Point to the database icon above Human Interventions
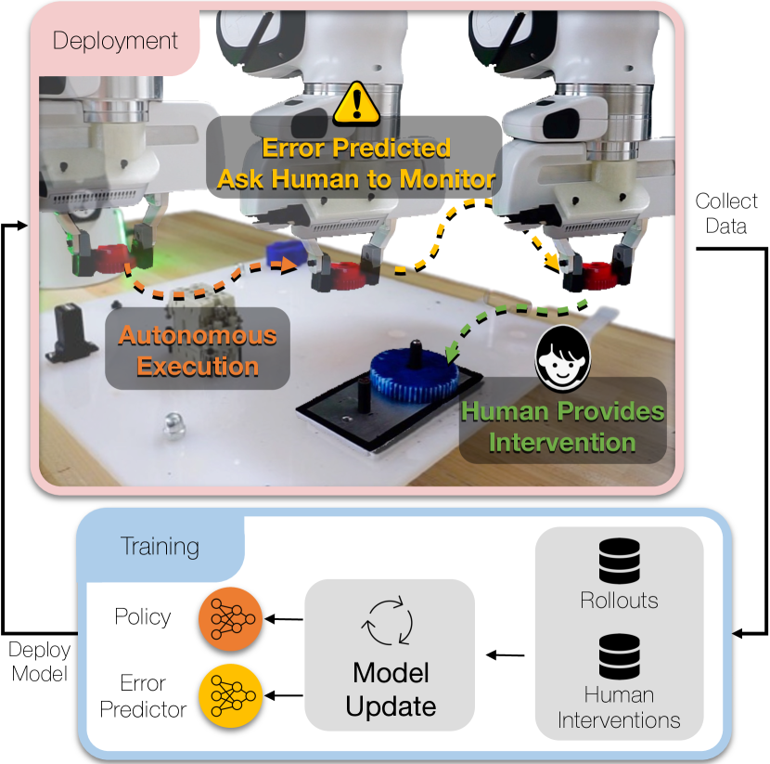(x=618, y=656)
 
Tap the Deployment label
(x=115, y=41)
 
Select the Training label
(x=160, y=545)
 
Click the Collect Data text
(x=726, y=214)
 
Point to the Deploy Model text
(x=40, y=661)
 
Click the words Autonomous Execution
(x=196, y=349)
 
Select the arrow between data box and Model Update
(x=507, y=655)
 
